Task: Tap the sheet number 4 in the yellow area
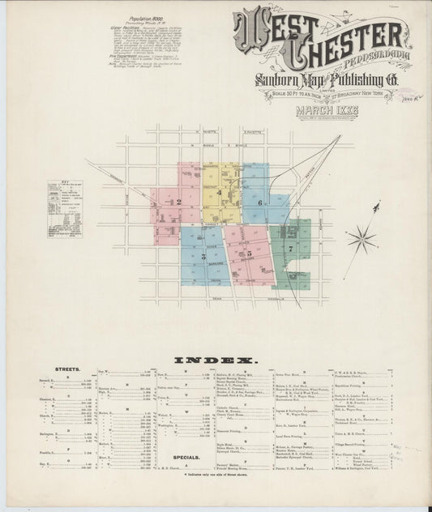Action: tap(218, 193)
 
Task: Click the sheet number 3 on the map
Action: tap(204, 255)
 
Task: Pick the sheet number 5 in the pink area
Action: tap(250, 254)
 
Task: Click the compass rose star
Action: tap(361, 238)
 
